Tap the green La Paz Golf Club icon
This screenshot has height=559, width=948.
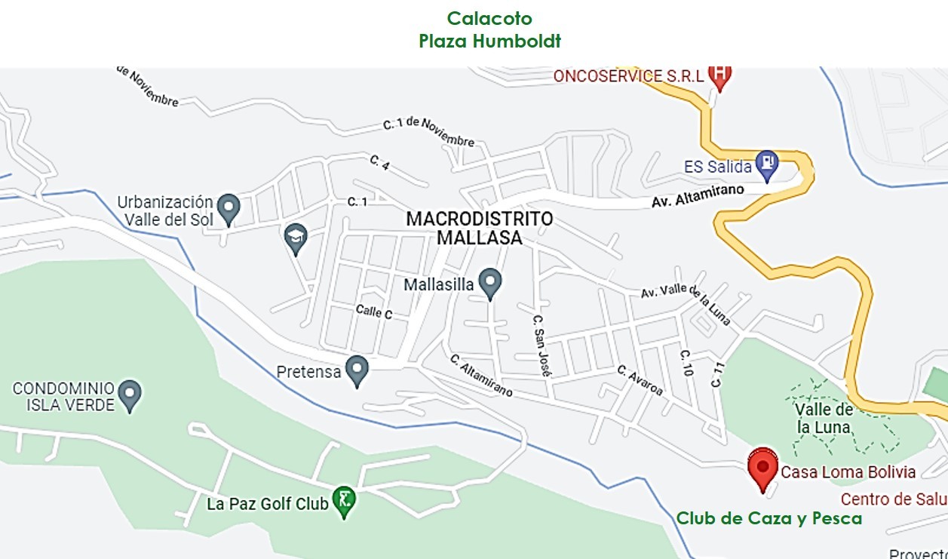pyautogui.click(x=344, y=500)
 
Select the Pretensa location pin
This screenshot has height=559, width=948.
pyautogui.click(x=356, y=370)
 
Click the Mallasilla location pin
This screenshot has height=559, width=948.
pyautogui.click(x=490, y=283)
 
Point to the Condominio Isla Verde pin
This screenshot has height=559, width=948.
pyautogui.click(x=130, y=394)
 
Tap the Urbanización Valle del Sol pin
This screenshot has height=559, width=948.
pyautogui.click(x=228, y=207)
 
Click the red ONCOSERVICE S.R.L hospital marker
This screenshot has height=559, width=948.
pyautogui.click(x=720, y=75)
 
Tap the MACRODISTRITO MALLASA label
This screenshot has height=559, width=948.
pyautogui.click(x=479, y=228)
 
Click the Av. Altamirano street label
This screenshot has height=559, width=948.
pyautogui.click(x=698, y=196)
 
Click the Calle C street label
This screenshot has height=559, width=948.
pyautogui.click(x=374, y=312)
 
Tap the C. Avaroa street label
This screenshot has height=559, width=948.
pyautogui.click(x=640, y=380)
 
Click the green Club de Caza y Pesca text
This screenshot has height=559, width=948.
pyautogui.click(x=769, y=518)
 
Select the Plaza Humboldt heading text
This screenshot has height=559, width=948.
pyautogui.click(x=489, y=41)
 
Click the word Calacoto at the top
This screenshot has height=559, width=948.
pyautogui.click(x=489, y=18)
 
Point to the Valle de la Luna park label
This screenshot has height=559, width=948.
pyautogui.click(x=824, y=418)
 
